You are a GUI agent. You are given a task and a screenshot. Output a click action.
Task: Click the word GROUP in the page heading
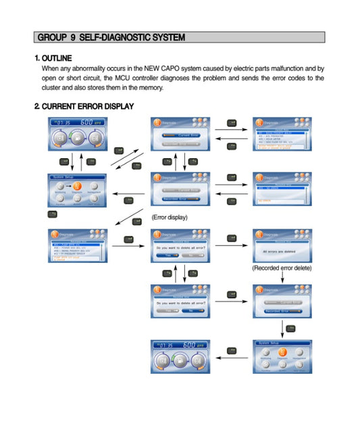click(x=52, y=37)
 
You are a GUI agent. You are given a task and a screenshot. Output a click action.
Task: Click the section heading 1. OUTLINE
click(x=53, y=58)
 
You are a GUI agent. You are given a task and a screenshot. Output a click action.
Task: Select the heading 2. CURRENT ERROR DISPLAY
click(x=84, y=106)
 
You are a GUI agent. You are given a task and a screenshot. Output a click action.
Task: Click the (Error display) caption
click(x=170, y=217)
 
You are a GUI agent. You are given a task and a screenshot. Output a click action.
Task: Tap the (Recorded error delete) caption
click(x=282, y=268)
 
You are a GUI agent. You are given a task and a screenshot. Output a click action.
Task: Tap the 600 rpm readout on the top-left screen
click(x=90, y=122)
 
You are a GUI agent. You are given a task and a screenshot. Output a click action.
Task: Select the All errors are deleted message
click(x=281, y=251)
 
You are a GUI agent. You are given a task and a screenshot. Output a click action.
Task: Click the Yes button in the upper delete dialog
click(x=165, y=255)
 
